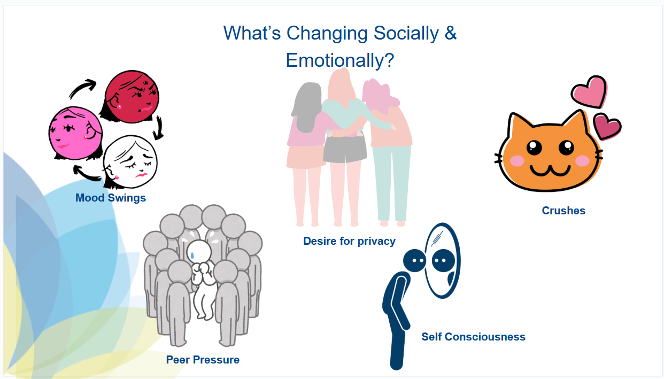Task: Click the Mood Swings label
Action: [x=111, y=198]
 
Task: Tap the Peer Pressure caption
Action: [x=203, y=360]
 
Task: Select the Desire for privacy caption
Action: [x=349, y=242]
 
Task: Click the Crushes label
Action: [x=563, y=211]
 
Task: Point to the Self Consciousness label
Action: [x=473, y=337]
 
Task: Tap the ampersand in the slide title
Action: [x=451, y=33]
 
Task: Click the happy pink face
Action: [x=75, y=133]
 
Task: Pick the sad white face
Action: [x=130, y=162]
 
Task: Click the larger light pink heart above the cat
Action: [x=589, y=92]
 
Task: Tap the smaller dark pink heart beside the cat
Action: [x=607, y=127]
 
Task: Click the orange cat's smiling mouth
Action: [x=550, y=170]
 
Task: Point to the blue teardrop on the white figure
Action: [x=192, y=255]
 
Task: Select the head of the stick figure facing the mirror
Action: [x=414, y=261]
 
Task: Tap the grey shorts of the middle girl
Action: [x=345, y=149]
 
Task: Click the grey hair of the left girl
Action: [x=307, y=107]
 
